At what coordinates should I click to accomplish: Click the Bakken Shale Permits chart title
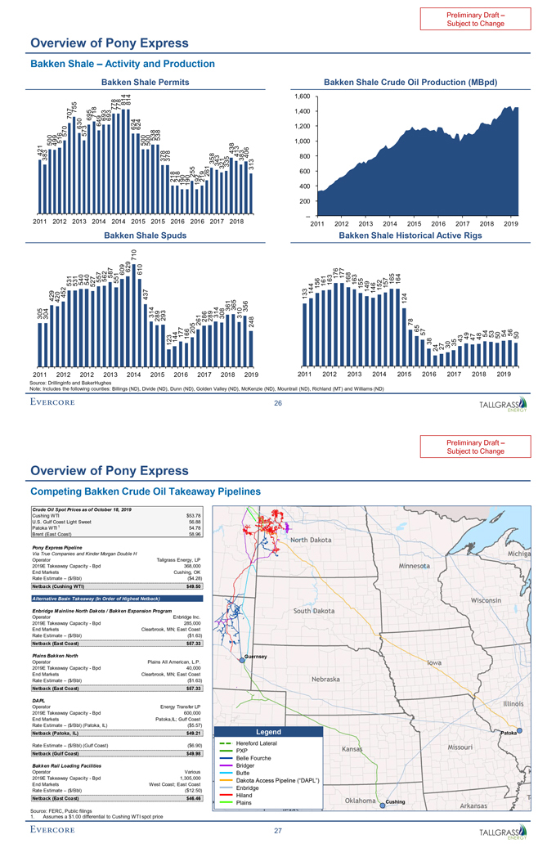(x=139, y=82)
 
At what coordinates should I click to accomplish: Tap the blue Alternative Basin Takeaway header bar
(x=119, y=598)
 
